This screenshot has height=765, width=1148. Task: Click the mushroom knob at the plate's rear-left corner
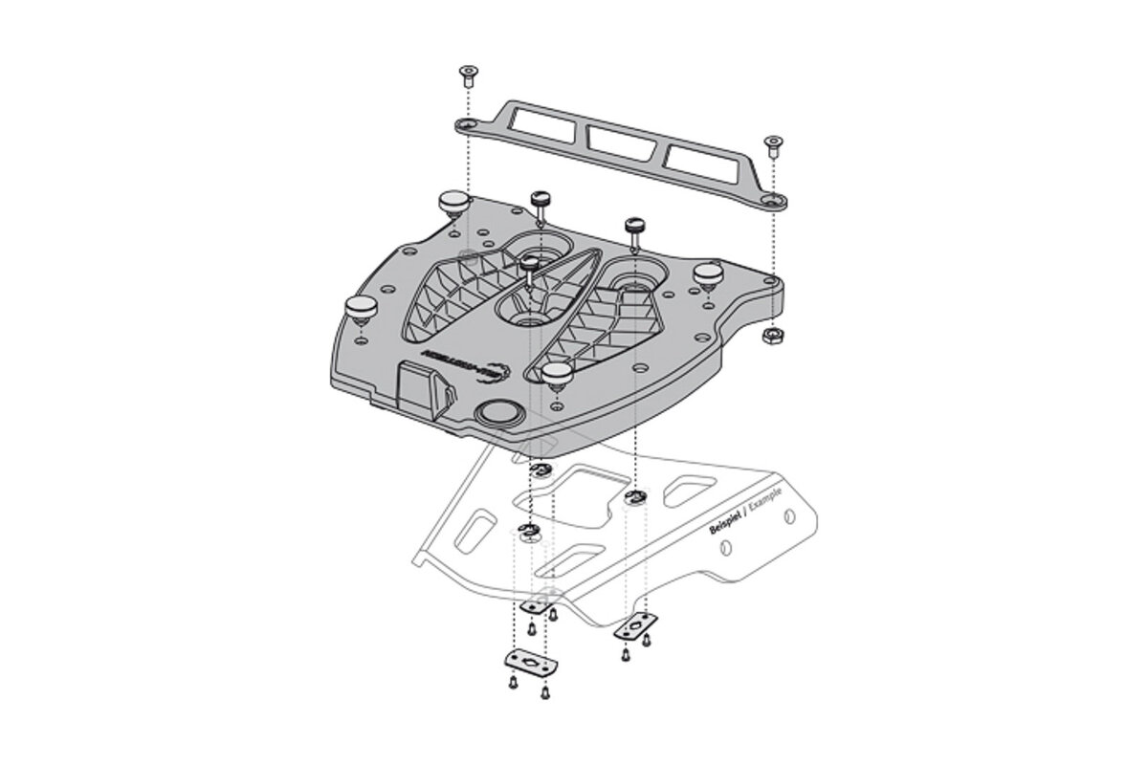click(453, 203)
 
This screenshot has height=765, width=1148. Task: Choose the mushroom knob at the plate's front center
click(554, 372)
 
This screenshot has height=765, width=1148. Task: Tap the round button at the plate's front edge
click(497, 413)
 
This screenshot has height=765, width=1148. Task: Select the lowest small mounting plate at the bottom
click(524, 664)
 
